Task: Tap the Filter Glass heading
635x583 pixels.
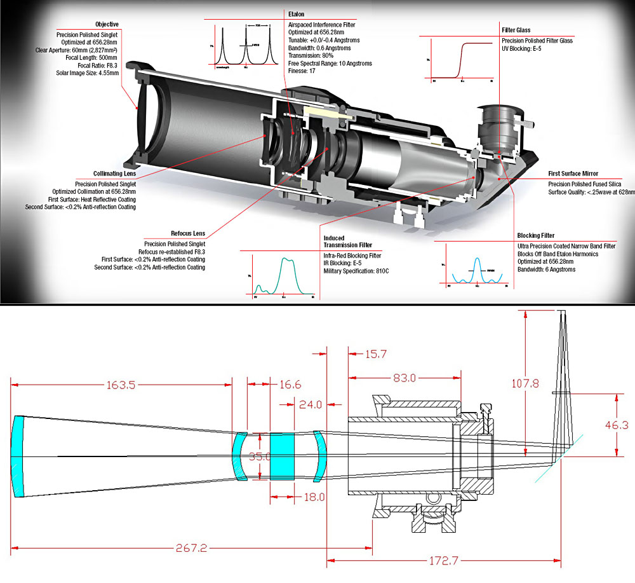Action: (x=515, y=30)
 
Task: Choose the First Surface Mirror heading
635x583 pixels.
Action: (x=575, y=173)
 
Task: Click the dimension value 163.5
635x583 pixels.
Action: (x=119, y=385)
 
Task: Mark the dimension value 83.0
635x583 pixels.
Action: (x=404, y=378)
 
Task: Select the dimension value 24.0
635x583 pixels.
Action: (x=311, y=404)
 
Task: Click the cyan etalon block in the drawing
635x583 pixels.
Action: (x=283, y=456)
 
